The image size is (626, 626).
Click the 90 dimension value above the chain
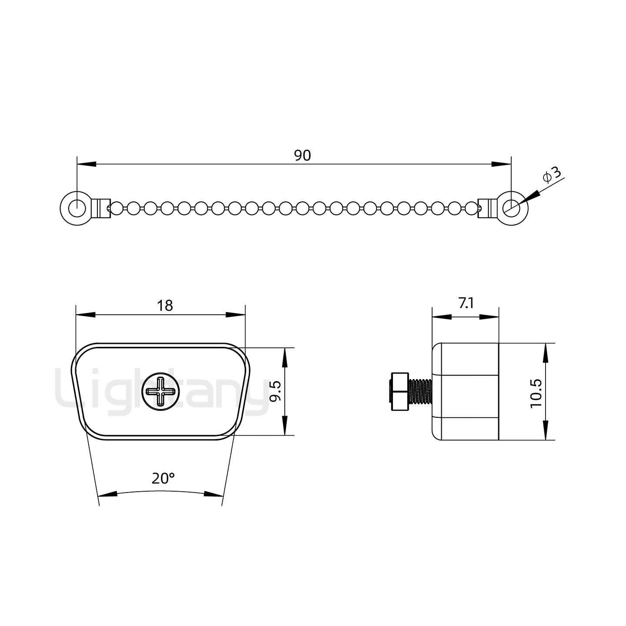(x=303, y=155)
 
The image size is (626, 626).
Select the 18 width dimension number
(x=165, y=306)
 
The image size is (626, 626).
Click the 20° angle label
(x=163, y=479)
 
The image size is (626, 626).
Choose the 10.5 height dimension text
(x=536, y=393)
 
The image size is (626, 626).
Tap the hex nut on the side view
(x=400, y=391)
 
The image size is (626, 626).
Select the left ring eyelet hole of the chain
(x=77, y=208)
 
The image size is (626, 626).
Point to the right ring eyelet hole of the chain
(x=511, y=208)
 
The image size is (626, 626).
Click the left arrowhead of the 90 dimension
(x=87, y=164)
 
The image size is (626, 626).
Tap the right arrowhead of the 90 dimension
(x=501, y=164)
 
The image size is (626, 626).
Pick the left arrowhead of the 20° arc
(x=108, y=494)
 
